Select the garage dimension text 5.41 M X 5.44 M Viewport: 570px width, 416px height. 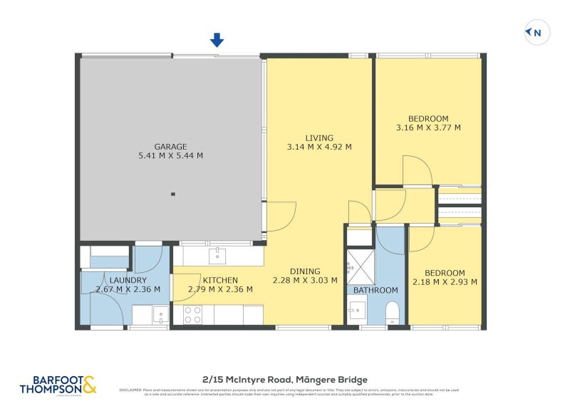171,156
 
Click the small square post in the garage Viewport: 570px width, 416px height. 173,193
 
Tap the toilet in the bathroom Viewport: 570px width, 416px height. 391,311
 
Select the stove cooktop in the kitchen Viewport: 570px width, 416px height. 193,314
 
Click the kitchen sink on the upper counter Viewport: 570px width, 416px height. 217,255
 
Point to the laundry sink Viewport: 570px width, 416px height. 160,315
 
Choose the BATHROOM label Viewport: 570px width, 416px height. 375,290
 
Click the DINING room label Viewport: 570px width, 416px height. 305,271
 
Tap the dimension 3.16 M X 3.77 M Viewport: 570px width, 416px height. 428,128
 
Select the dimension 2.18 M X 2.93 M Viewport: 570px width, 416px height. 445,282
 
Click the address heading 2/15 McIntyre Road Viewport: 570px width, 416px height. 284,380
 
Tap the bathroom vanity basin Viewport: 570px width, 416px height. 358,310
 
